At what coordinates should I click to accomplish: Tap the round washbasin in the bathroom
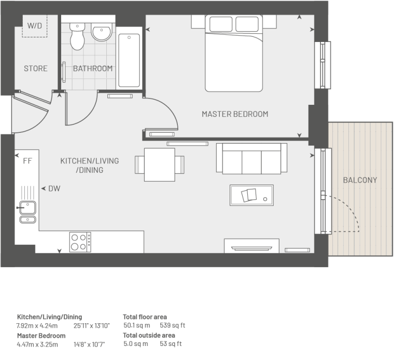coord(101,32)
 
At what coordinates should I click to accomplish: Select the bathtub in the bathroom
coord(129,60)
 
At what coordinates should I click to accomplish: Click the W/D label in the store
coord(34,25)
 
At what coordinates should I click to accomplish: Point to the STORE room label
coord(36,68)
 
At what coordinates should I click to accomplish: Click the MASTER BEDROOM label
coord(235,114)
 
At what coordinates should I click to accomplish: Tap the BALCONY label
coord(360,180)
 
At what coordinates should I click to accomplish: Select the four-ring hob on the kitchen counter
coord(80,242)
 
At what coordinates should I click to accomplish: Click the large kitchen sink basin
coord(27,207)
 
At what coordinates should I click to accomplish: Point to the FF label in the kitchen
coord(27,161)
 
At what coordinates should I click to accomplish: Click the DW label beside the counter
coord(54,188)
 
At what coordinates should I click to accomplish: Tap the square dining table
coord(160,164)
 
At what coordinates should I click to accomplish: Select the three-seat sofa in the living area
coord(251,158)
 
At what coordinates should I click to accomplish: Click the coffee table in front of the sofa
coord(251,196)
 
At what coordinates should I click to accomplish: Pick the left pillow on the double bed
coord(221,24)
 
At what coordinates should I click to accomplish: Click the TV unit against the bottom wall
coord(251,245)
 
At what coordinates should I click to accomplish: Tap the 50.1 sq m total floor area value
coord(137,325)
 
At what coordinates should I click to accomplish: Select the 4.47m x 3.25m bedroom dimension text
coord(37,344)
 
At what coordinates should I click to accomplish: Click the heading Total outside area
coord(149,336)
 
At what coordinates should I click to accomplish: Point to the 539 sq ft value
coord(172,325)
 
